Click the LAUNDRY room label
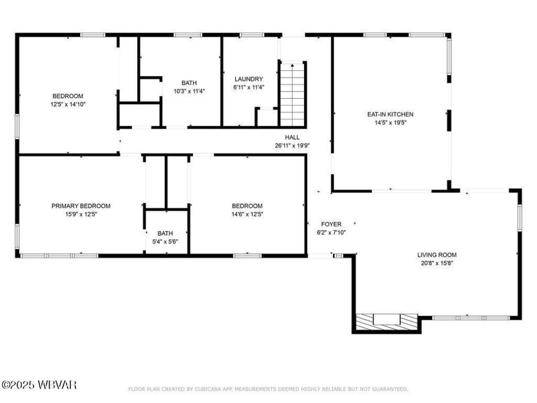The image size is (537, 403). tap(248, 79)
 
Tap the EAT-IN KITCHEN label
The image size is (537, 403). tap(390, 114)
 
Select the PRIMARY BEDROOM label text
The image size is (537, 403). tap(81, 206)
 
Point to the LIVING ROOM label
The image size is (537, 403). tap(437, 255)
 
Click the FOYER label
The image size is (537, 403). tap(331, 224)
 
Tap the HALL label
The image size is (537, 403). tap(292, 137)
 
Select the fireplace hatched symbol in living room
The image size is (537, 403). tap(387, 320)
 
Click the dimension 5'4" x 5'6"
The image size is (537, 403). tap(165, 241)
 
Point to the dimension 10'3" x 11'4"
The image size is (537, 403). tap(188, 91)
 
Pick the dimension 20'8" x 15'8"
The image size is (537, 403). tap(437, 263)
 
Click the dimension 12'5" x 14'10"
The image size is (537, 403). tap(68, 104)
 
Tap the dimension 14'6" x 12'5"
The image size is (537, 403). tap(247, 214)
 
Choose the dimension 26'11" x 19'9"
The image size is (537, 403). tap(292, 146)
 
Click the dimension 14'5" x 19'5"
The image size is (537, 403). tap(390, 123)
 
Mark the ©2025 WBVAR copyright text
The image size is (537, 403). tap(39, 384)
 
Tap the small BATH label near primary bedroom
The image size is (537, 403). tap(165, 233)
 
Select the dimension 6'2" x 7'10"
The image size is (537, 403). tap(331, 233)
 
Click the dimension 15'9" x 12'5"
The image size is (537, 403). tap(81, 214)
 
